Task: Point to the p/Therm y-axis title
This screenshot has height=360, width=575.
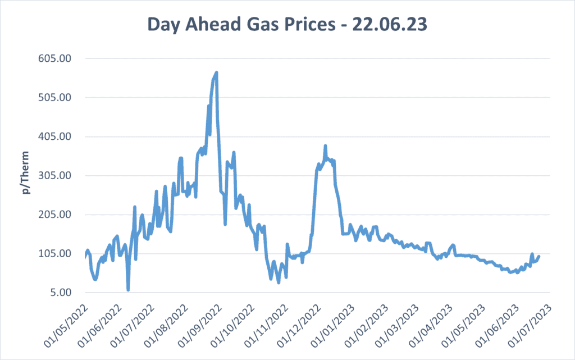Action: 26,175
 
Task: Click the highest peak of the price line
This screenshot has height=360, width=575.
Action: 216,72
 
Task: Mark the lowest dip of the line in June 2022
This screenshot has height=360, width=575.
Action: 128,290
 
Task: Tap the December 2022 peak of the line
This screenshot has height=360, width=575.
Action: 325,146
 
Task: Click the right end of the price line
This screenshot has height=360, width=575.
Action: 539,257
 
